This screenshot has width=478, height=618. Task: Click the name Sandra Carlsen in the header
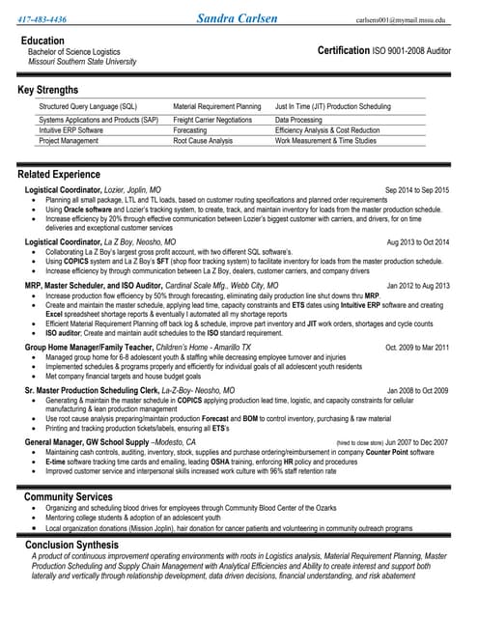pos(239,17)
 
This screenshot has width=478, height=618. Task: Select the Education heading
pos(42,41)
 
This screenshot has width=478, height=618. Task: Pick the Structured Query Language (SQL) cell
pos(88,106)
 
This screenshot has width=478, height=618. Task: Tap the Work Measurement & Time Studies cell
pos(325,141)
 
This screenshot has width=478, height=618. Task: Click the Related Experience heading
pos(59,175)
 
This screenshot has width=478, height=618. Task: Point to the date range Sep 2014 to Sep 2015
pos(416,190)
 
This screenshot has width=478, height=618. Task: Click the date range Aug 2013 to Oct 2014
pos(417,241)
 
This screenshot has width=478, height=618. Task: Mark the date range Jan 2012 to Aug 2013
pos(417,286)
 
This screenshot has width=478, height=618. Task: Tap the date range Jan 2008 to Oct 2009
pos(417,391)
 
